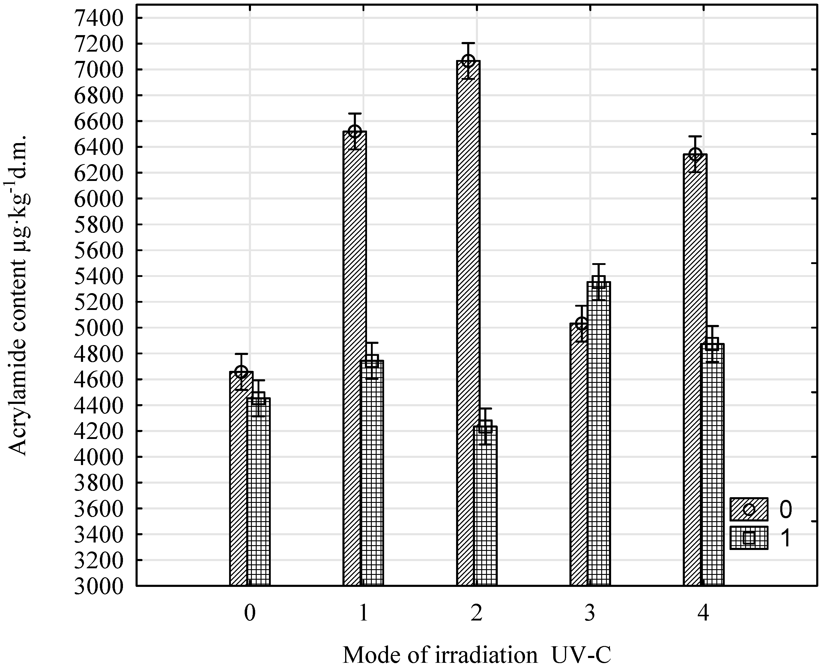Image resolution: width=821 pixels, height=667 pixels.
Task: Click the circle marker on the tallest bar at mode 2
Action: pos(468,61)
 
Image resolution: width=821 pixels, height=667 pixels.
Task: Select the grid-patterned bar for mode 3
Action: pos(599,434)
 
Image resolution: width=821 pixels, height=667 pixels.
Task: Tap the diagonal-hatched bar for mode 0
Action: pos(238,480)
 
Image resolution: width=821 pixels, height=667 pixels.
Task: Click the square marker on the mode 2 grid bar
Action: pos(485,426)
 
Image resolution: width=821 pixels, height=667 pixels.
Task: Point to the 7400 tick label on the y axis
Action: pos(99,18)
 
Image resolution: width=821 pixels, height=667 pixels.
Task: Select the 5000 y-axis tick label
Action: pos(99,328)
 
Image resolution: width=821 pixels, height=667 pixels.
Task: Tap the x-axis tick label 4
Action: pos(703,614)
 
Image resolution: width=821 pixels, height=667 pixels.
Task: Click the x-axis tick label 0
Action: pos(249,614)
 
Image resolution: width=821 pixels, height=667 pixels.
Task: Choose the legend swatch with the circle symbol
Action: pos(748,509)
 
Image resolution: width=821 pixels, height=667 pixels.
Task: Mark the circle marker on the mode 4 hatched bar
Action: pos(695,155)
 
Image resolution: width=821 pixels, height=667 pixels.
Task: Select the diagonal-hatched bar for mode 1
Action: pos(352,357)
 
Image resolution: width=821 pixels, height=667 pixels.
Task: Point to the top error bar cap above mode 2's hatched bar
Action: pos(468,43)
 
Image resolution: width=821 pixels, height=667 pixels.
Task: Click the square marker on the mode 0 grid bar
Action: pos(258,398)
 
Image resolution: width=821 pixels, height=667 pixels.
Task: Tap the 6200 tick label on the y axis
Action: pos(99,173)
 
